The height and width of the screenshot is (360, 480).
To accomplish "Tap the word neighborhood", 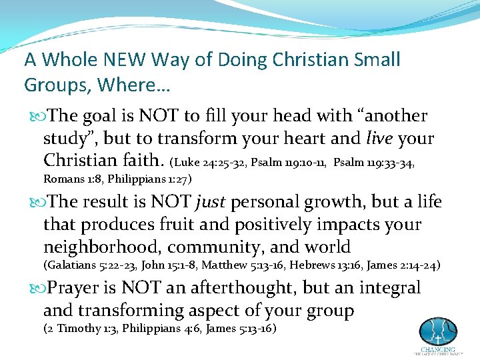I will pos(101,247).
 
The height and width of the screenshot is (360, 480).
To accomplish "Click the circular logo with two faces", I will pos(438,331).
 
